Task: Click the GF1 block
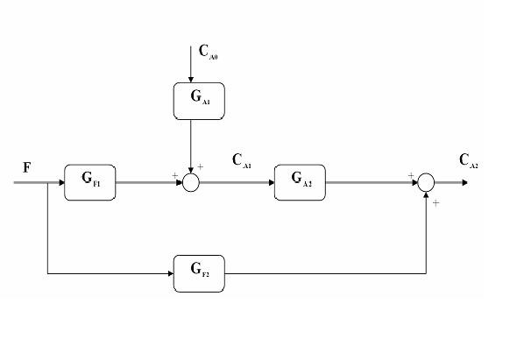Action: [90, 182]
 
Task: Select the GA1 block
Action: [191, 102]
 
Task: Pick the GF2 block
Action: [200, 272]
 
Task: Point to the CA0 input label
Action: [209, 53]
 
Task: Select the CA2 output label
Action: [469, 160]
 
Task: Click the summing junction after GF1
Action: [191, 182]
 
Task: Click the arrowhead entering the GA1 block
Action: [191, 78]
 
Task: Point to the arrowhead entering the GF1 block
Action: [60, 183]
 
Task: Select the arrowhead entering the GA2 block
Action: [271, 183]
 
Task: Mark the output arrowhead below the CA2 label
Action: [464, 183]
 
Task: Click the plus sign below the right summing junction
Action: [435, 203]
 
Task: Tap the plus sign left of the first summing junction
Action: [175, 176]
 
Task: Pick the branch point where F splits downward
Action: [47, 183]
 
